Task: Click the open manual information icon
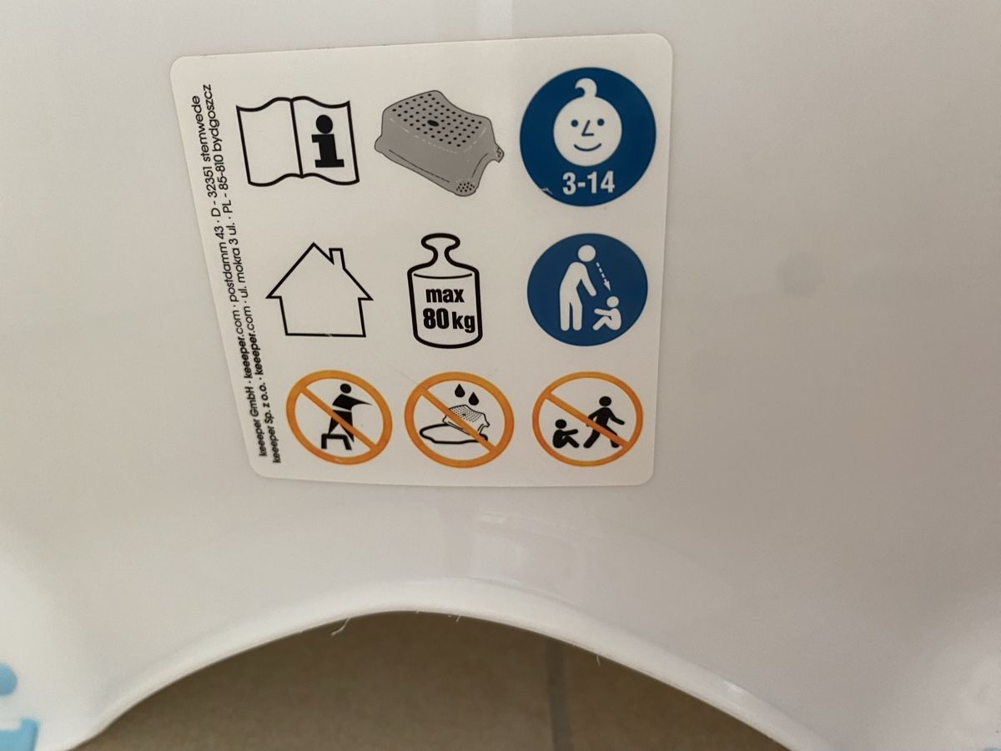pyautogui.click(x=297, y=142)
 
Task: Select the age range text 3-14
pyautogui.click(x=588, y=184)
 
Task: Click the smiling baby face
pyautogui.click(x=588, y=127)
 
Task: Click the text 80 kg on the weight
pyautogui.click(x=449, y=319)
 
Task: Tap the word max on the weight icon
pyautogui.click(x=444, y=295)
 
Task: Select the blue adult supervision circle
pyautogui.click(x=587, y=290)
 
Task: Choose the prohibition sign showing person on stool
pyautogui.click(x=340, y=416)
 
